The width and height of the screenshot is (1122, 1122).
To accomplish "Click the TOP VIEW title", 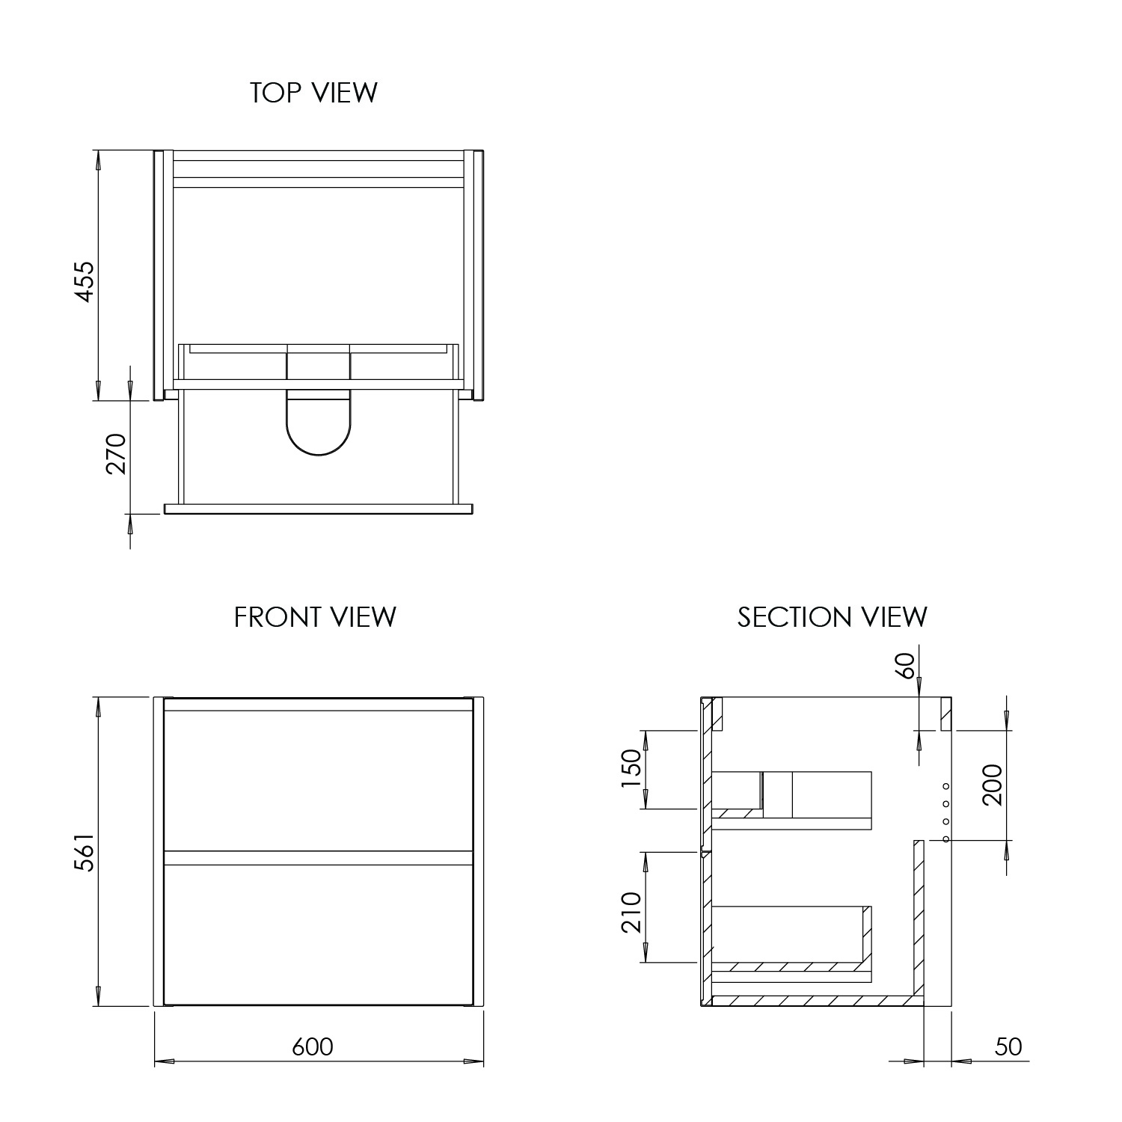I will (x=313, y=93).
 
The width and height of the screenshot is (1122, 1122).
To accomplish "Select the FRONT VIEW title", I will (x=315, y=617).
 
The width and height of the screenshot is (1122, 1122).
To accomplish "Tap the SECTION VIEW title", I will (x=832, y=617).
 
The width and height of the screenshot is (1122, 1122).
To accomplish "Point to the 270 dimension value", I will (x=117, y=454).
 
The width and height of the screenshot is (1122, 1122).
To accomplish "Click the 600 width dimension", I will (x=313, y=1046).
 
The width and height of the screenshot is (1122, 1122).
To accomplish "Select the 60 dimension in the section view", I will (x=905, y=666).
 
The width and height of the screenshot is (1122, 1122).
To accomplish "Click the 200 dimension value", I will (x=992, y=785).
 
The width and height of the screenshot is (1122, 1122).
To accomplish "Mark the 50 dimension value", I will (x=1008, y=1046).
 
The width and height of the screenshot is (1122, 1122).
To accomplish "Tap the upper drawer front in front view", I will (x=318, y=779).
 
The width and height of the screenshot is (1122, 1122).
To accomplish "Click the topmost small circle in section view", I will (x=945, y=786).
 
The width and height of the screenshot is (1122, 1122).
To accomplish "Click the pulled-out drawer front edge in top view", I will (x=319, y=509).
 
